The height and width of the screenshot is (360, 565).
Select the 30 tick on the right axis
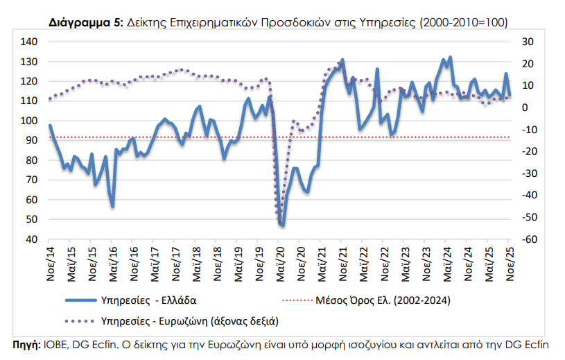(527, 42)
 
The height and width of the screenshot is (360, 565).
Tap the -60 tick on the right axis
(529, 240)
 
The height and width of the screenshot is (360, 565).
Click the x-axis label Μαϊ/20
(281, 262)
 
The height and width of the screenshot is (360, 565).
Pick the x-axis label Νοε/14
(51, 262)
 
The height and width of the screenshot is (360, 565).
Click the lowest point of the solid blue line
(283, 225)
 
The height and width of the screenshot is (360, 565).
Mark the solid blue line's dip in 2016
(112, 206)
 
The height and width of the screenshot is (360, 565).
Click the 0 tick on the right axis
(525, 108)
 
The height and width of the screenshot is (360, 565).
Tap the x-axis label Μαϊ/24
(448, 262)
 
